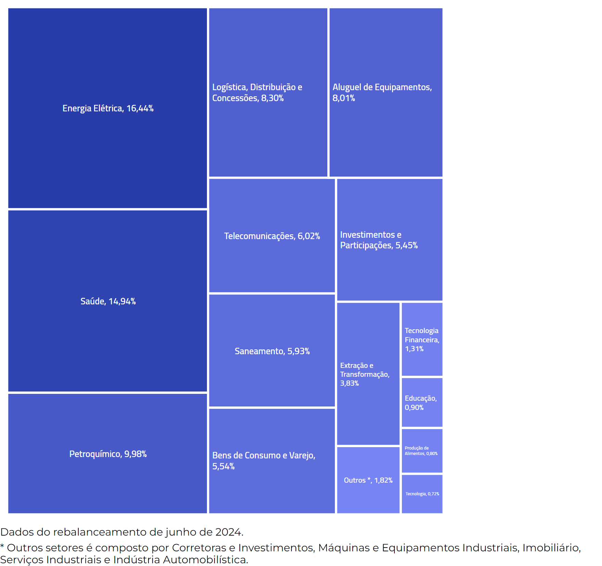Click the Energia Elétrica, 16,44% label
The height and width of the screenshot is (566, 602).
[x=108, y=108]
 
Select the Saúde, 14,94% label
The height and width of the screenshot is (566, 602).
[x=108, y=301]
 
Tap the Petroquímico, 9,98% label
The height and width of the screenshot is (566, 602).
[x=108, y=454]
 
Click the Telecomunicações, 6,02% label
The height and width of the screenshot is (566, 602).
[x=272, y=236]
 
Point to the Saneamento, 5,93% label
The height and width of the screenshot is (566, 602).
[x=272, y=351]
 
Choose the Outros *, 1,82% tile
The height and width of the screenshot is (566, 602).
[x=368, y=480]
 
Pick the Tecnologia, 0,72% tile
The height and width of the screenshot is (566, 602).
[x=422, y=494]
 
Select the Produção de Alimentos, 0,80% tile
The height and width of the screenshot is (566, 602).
[x=422, y=451]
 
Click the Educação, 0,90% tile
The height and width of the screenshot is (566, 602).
[x=422, y=403]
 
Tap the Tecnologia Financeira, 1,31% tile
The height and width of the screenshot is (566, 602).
[x=422, y=340]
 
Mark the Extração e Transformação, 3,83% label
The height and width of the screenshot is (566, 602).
[x=365, y=374]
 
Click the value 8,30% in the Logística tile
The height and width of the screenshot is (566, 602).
[x=272, y=98]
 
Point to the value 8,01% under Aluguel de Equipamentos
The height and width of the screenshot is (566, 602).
[x=343, y=98]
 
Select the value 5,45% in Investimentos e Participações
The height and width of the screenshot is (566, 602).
[x=406, y=246]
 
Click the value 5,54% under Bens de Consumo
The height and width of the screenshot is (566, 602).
[x=223, y=467]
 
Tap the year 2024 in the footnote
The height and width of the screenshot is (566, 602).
[x=228, y=532]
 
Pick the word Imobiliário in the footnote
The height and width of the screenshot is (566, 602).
[x=551, y=548]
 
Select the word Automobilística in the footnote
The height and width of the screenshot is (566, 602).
[x=205, y=560]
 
